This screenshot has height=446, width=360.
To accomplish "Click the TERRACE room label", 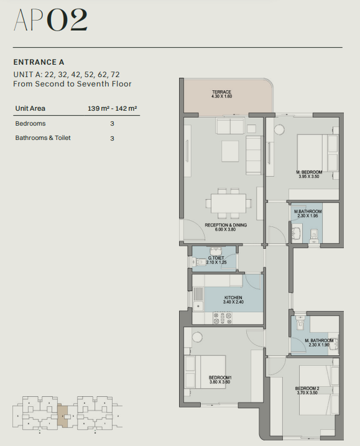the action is click(x=221, y=92).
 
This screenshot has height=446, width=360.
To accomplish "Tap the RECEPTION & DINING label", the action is click(x=226, y=225).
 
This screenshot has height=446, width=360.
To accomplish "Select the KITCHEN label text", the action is click(x=233, y=297).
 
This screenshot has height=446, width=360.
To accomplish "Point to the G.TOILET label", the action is click(x=216, y=258).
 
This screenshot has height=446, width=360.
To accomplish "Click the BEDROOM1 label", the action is click(x=220, y=378).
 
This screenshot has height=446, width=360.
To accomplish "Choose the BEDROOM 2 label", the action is click(x=307, y=389).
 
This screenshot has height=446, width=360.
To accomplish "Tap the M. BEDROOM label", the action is click(x=309, y=172).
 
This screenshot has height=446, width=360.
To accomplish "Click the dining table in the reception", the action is click(x=229, y=203).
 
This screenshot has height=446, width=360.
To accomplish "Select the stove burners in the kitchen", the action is click(x=223, y=318).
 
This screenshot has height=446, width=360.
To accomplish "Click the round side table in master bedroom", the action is click(x=279, y=129).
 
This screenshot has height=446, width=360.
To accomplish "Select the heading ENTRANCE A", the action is click(x=39, y=62).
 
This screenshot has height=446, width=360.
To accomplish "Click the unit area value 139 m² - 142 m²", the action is click(x=113, y=108).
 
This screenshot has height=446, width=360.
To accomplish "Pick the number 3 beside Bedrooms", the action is click(x=112, y=124).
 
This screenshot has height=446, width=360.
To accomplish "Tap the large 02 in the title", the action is click(x=67, y=20).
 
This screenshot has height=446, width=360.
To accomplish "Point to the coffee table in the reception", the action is click(x=230, y=151).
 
